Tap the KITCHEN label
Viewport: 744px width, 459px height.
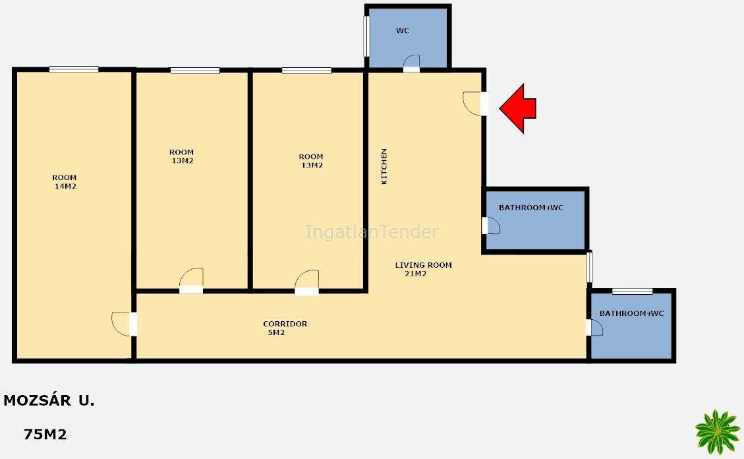(384, 166)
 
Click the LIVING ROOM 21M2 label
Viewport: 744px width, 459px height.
(423, 269)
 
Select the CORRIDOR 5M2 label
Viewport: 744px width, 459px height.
(285, 328)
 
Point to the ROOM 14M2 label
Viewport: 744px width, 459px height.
(65, 182)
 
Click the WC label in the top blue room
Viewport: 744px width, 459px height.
(403, 31)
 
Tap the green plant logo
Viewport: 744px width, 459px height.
(718, 432)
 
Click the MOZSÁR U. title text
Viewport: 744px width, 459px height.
(49, 400)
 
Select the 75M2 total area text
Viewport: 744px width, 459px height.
(45, 435)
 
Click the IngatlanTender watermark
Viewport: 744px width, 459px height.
(372, 231)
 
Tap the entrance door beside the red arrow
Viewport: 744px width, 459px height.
(475, 104)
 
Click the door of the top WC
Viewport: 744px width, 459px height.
(411, 63)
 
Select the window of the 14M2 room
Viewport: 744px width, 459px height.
(74, 69)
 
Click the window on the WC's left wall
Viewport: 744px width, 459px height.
(366, 36)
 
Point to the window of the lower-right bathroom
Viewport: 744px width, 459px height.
(632, 291)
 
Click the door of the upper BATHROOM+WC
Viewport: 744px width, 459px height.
(491, 226)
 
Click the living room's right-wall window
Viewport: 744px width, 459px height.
(589, 267)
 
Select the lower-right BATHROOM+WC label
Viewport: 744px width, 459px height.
(631, 313)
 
